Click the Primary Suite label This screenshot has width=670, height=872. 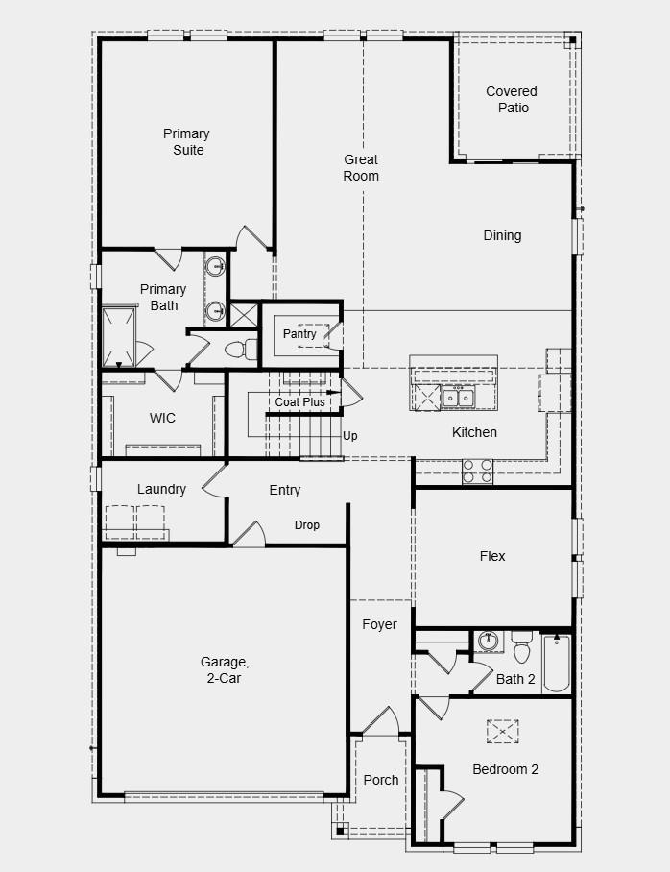[186, 142]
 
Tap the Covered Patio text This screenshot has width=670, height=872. [512, 100]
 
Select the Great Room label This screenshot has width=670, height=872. [361, 168]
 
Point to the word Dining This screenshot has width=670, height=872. [502, 235]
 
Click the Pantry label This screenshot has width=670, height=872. [299, 334]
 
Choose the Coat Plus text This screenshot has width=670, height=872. [299, 402]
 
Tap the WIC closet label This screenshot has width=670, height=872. [162, 418]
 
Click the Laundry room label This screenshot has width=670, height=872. [161, 489]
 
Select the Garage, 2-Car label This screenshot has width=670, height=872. [225, 669]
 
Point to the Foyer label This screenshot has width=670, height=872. [379, 624]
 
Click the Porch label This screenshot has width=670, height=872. [381, 780]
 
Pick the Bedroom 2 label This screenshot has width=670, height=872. [505, 769]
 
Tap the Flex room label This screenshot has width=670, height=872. [492, 556]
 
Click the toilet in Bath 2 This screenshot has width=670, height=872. [522, 650]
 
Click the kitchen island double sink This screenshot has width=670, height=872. [457, 397]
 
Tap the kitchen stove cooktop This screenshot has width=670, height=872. [477, 471]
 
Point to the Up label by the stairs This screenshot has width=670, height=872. [350, 436]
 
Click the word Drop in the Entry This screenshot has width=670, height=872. [307, 525]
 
